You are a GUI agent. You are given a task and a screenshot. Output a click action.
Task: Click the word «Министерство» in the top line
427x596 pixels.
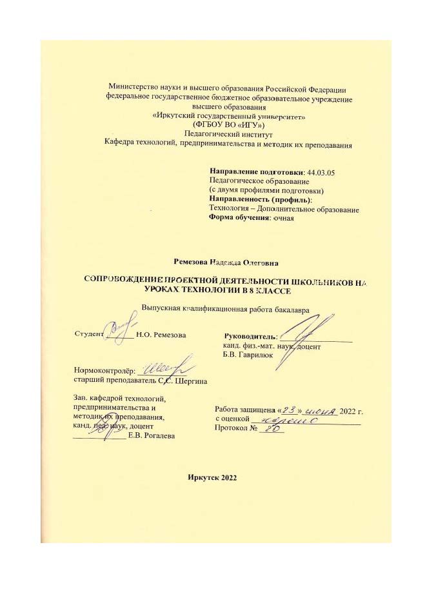pos(134,89)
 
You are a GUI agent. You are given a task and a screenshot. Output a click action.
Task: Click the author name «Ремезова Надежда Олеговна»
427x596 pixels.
pos(226,263)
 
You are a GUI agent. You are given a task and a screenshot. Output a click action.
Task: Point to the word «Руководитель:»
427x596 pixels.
pos(250,336)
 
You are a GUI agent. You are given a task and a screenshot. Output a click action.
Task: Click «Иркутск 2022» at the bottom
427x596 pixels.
pos(213,478)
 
